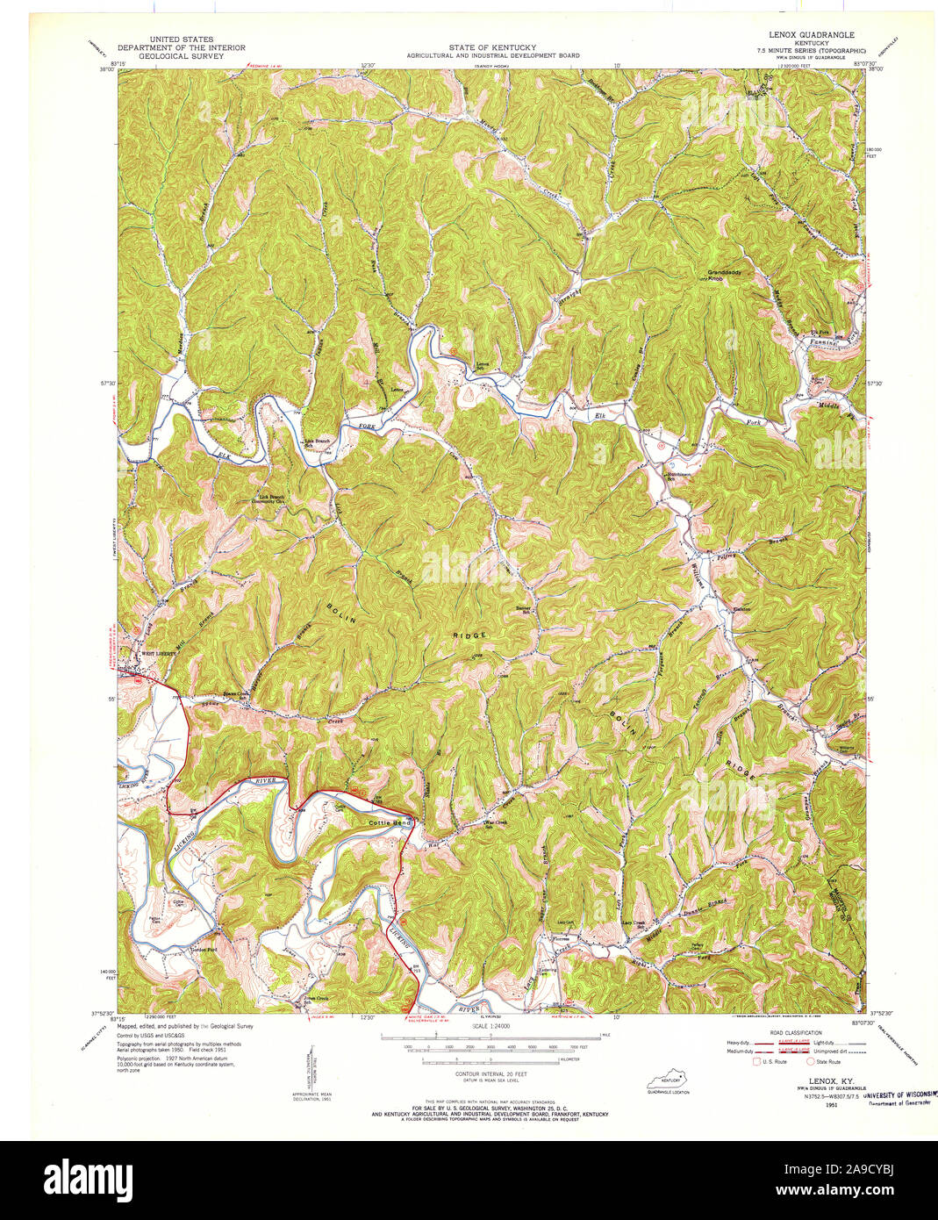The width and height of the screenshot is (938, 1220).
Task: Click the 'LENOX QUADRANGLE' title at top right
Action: pyautogui.click(x=811, y=34)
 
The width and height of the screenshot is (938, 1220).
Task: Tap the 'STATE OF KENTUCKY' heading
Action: pyautogui.click(x=492, y=47)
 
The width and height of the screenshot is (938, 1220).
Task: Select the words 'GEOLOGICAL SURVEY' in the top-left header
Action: pyautogui.click(x=182, y=55)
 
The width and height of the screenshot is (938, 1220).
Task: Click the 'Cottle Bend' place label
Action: pyautogui.click(x=390, y=822)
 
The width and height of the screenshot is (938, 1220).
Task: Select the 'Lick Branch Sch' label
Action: pyautogui.click(x=315, y=443)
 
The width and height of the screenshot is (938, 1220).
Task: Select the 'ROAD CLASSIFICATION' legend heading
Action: pyautogui.click(x=795, y=1033)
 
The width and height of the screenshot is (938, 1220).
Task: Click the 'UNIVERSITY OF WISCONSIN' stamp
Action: pyautogui.click(x=899, y=1095)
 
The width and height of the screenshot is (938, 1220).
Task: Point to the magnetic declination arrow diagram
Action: pyautogui.click(x=313, y=1070)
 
